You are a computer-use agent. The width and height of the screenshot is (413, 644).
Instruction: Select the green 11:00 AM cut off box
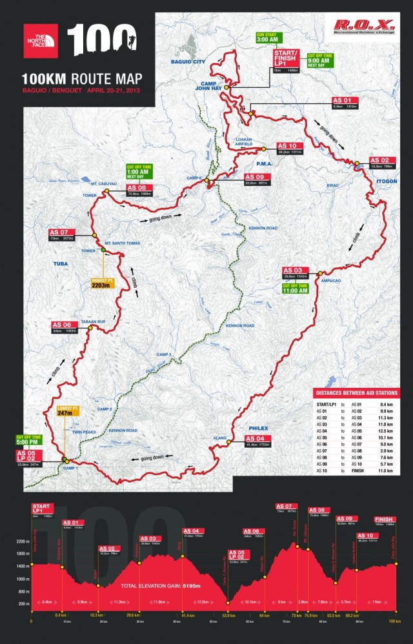point(295,288)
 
